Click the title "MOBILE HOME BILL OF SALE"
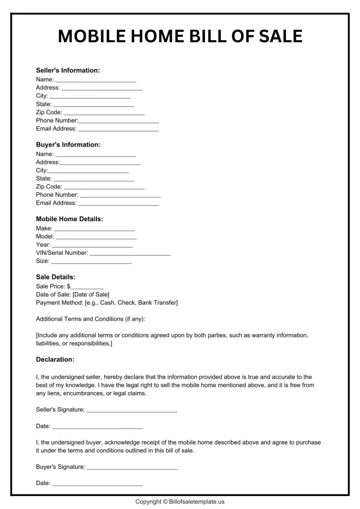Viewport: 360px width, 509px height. (x=180, y=37)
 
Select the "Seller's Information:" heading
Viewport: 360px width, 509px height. (x=68, y=70)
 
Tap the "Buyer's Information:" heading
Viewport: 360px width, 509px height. (x=68, y=145)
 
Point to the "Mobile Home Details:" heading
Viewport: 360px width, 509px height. (x=70, y=219)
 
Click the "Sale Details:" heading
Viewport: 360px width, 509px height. (x=56, y=277)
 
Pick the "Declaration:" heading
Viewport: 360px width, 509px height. (x=55, y=359)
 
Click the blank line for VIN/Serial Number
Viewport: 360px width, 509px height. (x=130, y=254)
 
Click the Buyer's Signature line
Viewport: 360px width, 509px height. (x=132, y=468)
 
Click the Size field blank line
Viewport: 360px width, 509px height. (x=91, y=262)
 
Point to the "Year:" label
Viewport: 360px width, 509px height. (x=43, y=245)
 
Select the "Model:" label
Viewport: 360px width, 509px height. (x=45, y=237)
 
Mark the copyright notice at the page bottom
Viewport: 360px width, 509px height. (x=180, y=502)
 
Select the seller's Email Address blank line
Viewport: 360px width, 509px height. (x=119, y=130)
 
